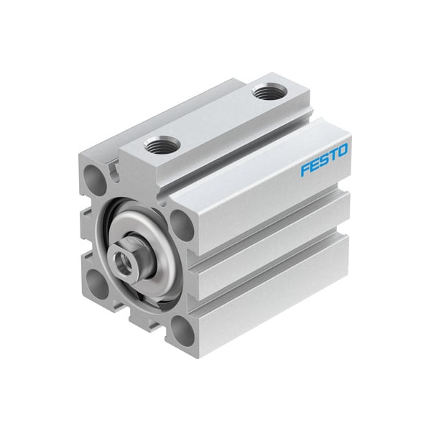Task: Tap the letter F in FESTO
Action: [305, 170]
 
